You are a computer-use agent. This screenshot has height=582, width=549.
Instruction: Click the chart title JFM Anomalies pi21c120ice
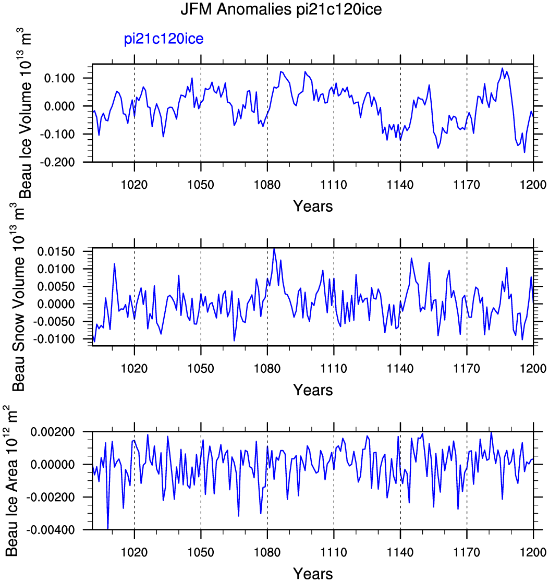281,9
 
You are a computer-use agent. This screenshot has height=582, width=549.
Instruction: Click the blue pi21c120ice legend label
164,39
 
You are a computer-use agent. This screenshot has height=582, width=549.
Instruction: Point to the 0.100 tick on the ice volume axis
59,78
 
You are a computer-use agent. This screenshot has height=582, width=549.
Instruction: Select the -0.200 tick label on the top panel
57,162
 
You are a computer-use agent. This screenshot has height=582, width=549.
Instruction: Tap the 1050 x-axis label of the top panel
200,185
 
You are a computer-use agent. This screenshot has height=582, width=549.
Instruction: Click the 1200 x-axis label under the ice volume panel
533,185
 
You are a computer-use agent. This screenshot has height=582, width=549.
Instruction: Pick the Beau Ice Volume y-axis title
25,113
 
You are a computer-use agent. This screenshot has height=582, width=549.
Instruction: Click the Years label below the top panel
313,206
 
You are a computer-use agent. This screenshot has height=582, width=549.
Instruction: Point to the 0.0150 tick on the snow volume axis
56,252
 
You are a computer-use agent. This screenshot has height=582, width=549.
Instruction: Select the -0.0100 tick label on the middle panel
54,339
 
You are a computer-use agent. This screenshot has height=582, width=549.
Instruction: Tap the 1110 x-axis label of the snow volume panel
333,369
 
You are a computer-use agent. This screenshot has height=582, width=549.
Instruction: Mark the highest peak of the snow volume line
274,249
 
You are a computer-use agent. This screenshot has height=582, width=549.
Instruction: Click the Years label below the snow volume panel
313,390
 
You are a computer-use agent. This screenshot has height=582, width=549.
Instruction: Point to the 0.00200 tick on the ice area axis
53,432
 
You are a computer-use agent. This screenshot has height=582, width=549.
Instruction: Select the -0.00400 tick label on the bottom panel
51,530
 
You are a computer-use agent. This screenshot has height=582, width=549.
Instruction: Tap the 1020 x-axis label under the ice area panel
134,552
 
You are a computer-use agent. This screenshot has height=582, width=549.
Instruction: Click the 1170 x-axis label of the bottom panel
467,552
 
